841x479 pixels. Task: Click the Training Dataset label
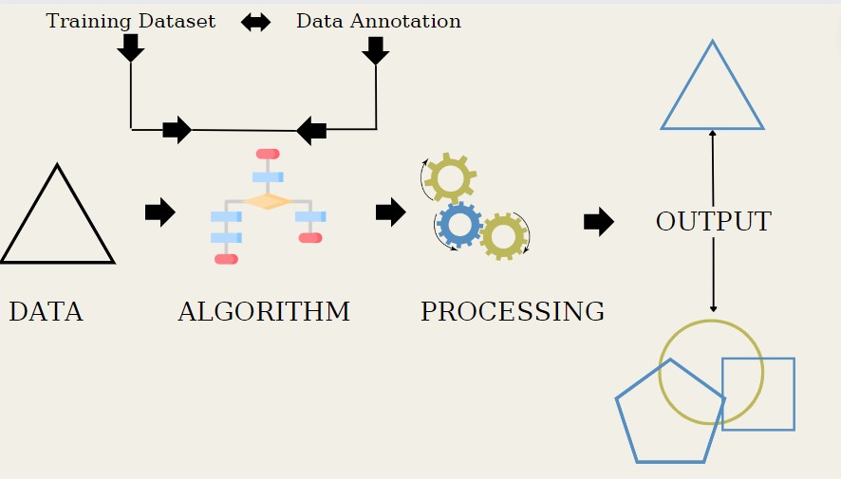click(130, 21)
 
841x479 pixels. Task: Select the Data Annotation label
click(378, 21)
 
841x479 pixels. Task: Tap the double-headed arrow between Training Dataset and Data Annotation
click(255, 22)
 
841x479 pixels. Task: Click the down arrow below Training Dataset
click(130, 47)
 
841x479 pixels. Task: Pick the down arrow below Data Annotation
click(376, 50)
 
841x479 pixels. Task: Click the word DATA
click(46, 312)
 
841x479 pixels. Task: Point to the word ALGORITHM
click(263, 312)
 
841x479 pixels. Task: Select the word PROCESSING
click(512, 312)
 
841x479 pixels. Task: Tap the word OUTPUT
click(713, 222)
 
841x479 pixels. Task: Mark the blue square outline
click(757, 394)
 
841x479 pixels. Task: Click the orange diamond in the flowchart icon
click(267, 201)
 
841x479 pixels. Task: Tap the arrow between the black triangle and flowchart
click(159, 212)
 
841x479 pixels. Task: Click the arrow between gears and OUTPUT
click(598, 222)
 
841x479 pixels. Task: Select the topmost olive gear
click(450, 177)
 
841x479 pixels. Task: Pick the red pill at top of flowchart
click(268, 154)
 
